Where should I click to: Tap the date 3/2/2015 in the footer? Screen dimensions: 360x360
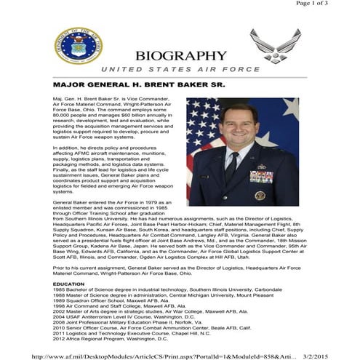point(337,352)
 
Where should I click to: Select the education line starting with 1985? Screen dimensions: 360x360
point(167,289)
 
